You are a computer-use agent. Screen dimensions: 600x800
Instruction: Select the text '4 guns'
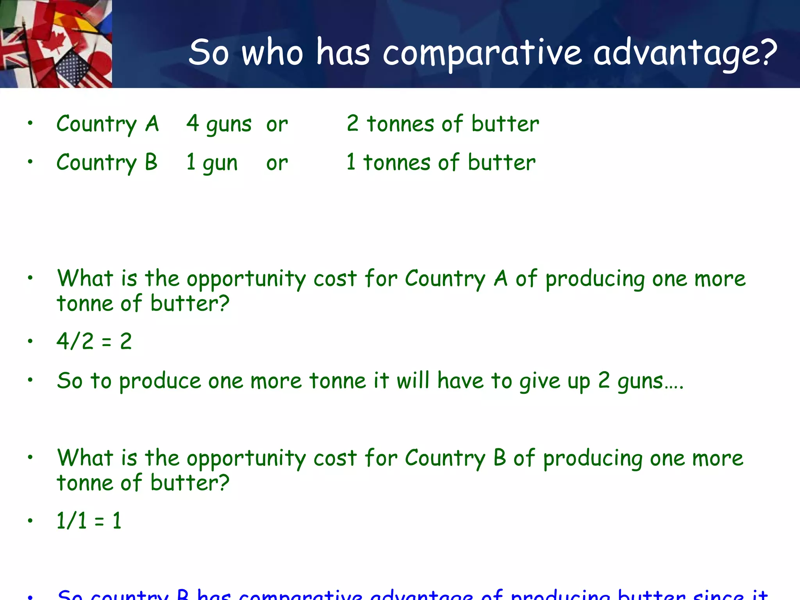coord(219,124)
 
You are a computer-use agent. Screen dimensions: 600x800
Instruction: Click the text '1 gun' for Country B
coord(212,162)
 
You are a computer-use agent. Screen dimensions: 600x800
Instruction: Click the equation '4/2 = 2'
coord(94,341)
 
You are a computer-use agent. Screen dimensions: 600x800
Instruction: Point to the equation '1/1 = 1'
coord(89,520)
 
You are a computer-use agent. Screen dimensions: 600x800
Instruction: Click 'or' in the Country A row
coord(277,125)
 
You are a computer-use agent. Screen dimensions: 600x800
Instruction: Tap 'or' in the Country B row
coord(277,163)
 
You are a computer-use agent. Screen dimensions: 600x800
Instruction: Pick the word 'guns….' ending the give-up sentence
coord(650,381)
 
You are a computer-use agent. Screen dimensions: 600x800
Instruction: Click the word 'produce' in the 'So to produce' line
coord(160,381)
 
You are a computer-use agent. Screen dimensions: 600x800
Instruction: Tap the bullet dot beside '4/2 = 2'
coord(30,341)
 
